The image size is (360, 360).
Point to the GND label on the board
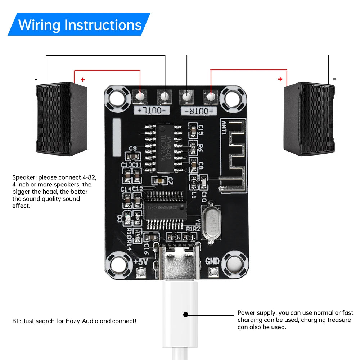(212, 262)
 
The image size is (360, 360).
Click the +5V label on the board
(140, 262)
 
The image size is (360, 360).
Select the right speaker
(309, 119)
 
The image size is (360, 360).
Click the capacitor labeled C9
(132, 156)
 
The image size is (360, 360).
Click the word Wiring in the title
(39, 25)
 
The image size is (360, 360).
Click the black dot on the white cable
(186, 314)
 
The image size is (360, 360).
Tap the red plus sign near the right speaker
(280, 79)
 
